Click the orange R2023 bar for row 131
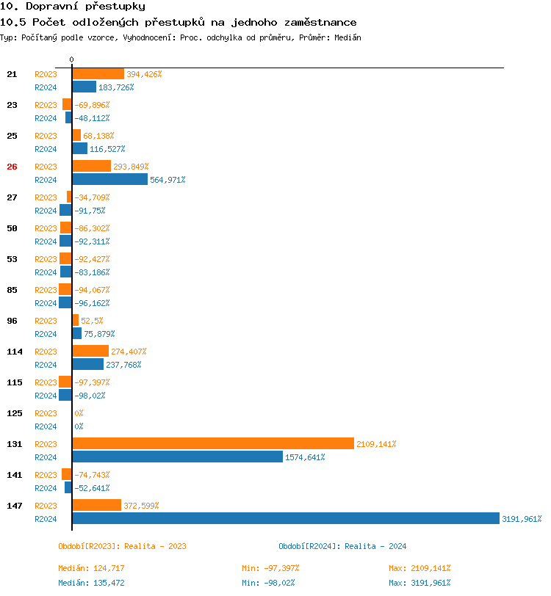point(213,444)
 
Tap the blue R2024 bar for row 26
point(109,180)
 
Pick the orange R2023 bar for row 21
point(98,74)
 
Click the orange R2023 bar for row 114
point(90,352)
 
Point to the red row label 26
point(12,167)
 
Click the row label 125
point(14,413)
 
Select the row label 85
point(12,290)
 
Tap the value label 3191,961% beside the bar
point(522,519)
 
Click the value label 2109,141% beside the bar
point(376,444)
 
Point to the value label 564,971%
point(168,180)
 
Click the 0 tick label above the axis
point(71,59)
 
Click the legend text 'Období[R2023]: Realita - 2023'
point(122,546)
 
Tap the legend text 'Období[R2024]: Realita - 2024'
point(342,546)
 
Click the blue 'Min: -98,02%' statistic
point(270,583)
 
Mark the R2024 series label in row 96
point(46,334)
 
